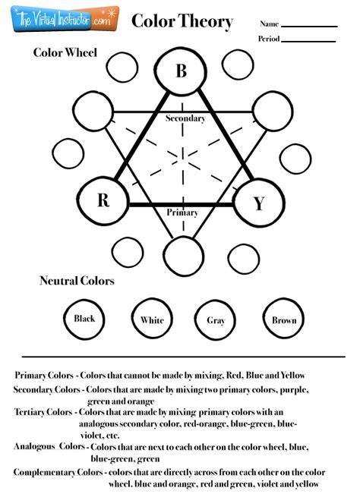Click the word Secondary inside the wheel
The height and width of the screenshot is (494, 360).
click(185, 118)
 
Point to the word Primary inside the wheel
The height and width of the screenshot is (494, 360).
click(182, 212)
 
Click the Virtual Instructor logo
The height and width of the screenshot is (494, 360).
click(65, 18)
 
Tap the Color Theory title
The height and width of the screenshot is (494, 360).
click(182, 21)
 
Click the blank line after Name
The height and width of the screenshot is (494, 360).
click(309, 27)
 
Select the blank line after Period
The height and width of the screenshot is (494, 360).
click(308, 41)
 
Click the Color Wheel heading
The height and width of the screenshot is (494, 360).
click(65, 52)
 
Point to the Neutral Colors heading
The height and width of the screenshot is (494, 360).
click(77, 281)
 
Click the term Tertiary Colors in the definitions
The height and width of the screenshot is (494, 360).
click(43, 412)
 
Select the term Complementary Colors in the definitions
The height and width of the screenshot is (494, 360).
click(58, 472)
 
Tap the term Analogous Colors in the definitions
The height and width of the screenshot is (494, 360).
click(49, 446)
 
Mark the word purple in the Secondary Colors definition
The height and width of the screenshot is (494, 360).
click(294, 390)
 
